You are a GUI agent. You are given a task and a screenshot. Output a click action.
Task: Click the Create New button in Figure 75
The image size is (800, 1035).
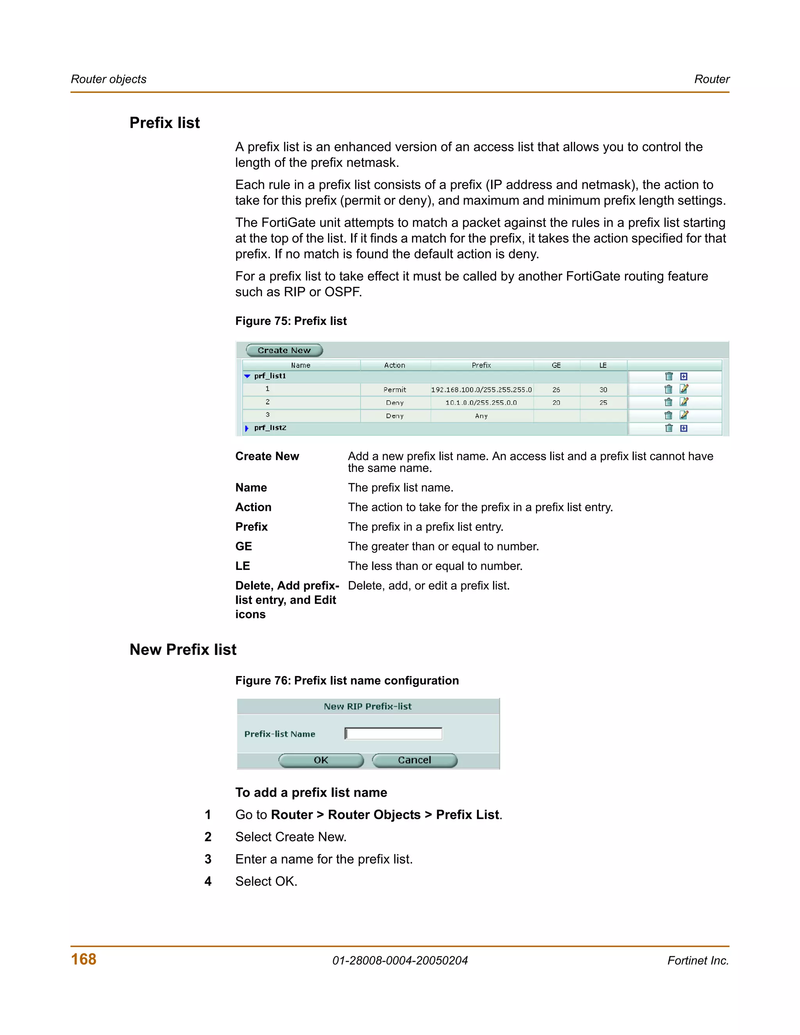point(284,350)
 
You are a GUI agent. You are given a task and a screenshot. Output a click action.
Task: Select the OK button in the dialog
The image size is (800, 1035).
point(321,760)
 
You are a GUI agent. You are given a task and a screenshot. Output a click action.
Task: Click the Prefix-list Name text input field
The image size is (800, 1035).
point(393,733)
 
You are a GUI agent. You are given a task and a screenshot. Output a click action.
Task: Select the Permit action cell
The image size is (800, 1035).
point(395,389)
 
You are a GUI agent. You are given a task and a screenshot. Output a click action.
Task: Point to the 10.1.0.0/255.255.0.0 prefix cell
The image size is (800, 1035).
point(481,403)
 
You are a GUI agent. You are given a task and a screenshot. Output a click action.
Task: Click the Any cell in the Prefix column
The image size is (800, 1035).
point(481,416)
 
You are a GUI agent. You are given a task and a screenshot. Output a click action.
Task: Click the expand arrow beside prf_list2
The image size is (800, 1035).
point(246,428)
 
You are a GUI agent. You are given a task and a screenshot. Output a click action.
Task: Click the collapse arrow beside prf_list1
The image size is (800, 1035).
point(247,376)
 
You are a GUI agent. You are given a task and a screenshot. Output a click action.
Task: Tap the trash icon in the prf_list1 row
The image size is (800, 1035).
point(669,376)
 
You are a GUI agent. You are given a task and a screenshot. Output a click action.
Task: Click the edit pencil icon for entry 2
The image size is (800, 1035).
point(684,402)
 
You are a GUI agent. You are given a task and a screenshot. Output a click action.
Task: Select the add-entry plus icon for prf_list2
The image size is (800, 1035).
point(684,428)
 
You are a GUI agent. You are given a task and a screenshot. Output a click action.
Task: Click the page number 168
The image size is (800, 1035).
point(84,959)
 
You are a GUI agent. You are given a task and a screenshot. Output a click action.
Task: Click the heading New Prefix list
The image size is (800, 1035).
point(183,650)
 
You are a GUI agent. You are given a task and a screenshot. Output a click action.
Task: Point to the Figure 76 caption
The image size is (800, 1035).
point(347,680)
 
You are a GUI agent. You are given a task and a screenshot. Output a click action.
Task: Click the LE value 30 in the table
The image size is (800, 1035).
point(603,389)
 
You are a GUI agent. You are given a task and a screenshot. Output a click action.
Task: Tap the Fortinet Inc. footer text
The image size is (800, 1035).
point(698,961)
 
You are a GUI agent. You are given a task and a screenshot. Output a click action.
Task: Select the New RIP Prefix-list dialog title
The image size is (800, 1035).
point(368,707)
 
